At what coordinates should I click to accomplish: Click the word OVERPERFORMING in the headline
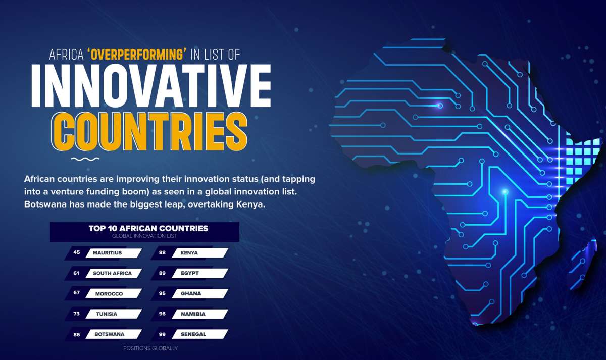(x=137, y=55)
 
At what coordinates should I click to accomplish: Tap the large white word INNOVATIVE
(x=151, y=86)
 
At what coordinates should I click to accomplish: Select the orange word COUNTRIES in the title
(x=149, y=131)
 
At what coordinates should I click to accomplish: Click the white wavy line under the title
(x=85, y=159)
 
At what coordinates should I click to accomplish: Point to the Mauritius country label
(x=108, y=253)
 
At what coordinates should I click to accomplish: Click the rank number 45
(x=77, y=252)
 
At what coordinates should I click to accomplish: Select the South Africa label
(x=112, y=273)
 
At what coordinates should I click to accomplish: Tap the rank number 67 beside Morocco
(x=77, y=293)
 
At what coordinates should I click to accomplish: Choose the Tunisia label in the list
(x=107, y=314)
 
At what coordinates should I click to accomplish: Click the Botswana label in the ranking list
(x=109, y=334)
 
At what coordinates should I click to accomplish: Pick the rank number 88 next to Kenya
(x=162, y=252)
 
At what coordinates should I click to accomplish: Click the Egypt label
(x=190, y=273)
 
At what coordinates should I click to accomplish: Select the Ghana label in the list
(x=191, y=293)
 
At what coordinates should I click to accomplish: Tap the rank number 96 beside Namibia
(x=162, y=314)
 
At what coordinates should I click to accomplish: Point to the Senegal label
(x=193, y=334)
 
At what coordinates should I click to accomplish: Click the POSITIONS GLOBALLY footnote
(x=150, y=348)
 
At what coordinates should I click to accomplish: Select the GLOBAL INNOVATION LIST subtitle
(x=144, y=236)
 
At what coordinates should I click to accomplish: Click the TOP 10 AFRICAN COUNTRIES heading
(x=148, y=228)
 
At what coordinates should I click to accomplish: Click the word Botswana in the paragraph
(x=45, y=204)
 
